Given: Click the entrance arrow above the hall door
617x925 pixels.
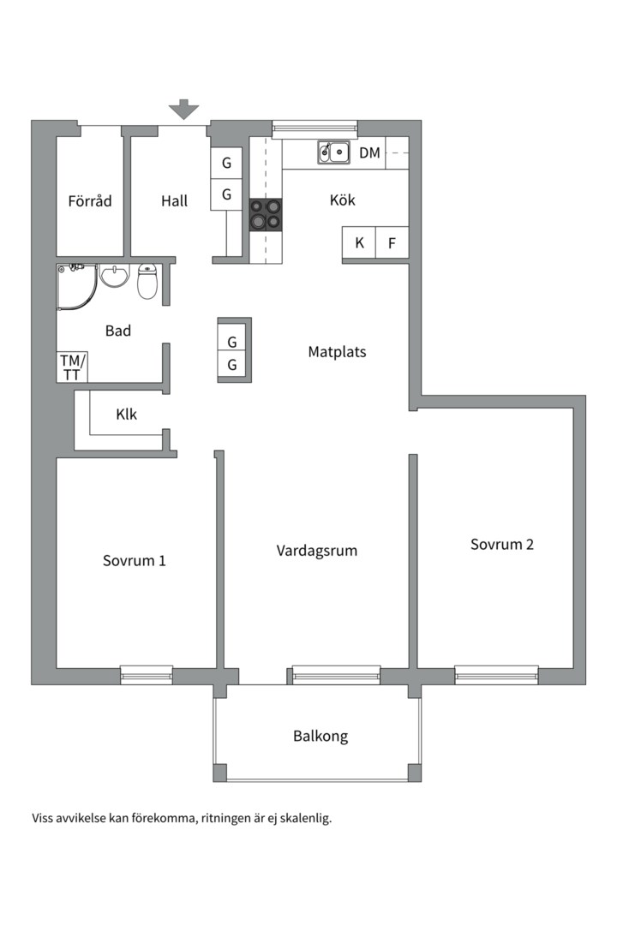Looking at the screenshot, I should (183, 110).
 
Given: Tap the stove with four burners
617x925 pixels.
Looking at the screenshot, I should (265, 215).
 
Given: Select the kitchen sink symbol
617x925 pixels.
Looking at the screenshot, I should (334, 153).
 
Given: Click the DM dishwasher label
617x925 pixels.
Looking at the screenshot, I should (369, 153).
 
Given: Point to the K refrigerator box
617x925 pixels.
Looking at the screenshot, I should (359, 243).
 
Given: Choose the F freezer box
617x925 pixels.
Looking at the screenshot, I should (392, 243).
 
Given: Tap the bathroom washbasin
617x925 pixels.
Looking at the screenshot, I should (114, 277).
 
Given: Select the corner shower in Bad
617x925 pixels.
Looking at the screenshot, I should (75, 285).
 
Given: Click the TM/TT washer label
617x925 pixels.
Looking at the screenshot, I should (71, 367).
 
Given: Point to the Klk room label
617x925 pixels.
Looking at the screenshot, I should (126, 415).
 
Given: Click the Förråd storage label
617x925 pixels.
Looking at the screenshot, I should (90, 201).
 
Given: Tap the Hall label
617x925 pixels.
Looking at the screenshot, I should (174, 201).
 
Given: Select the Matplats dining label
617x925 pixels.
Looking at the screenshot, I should (337, 351).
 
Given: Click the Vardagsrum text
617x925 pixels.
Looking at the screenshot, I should (316, 550).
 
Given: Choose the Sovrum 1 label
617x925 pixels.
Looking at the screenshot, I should (134, 561).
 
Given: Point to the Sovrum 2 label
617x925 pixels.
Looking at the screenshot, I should (501, 544).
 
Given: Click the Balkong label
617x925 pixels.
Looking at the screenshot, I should (320, 736).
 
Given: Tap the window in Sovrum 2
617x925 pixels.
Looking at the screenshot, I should (496, 675).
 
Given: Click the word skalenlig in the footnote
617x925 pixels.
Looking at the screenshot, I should (303, 818).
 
